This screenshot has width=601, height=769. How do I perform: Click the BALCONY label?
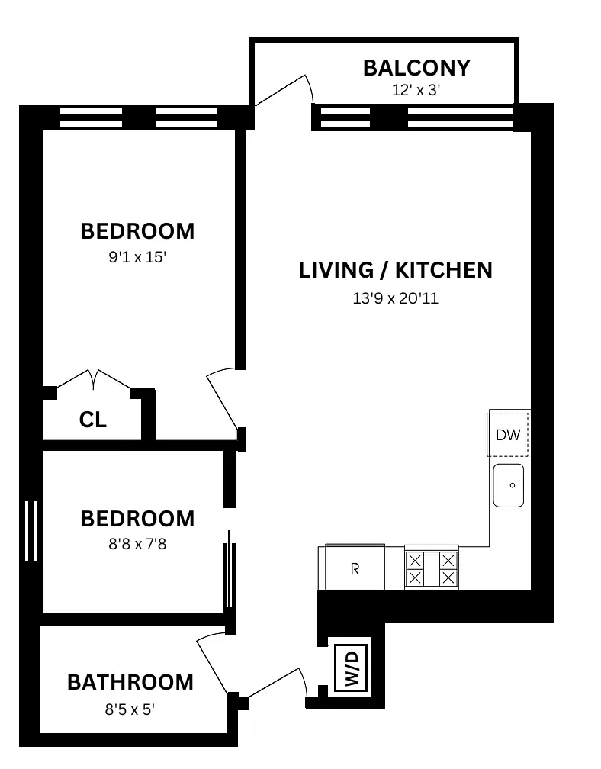pyautogui.click(x=416, y=68)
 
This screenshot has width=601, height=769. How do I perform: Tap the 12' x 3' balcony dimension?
pyautogui.click(x=416, y=89)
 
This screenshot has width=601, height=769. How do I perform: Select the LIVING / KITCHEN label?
pyautogui.click(x=395, y=270)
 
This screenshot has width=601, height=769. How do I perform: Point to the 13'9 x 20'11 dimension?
pyautogui.click(x=395, y=298)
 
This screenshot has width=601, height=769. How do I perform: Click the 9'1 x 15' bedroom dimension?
pyautogui.click(x=137, y=258)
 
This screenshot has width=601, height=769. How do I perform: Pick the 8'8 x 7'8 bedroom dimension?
pyautogui.click(x=137, y=545)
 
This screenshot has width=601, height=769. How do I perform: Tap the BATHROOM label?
pyautogui.click(x=130, y=681)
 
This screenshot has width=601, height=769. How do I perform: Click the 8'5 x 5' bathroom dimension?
pyautogui.click(x=130, y=709)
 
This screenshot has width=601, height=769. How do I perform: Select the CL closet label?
pyautogui.click(x=93, y=420)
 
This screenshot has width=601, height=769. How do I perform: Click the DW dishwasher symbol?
pyautogui.click(x=508, y=435)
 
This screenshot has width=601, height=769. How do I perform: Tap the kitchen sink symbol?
pyautogui.click(x=509, y=485)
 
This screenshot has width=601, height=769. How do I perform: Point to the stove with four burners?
pyautogui.click(x=432, y=568)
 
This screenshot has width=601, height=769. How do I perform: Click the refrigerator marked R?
pyautogui.click(x=355, y=568)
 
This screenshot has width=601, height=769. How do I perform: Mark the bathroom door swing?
pyautogui.click(x=213, y=664)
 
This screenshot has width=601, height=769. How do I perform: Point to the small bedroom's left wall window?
pyautogui.click(x=31, y=531)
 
